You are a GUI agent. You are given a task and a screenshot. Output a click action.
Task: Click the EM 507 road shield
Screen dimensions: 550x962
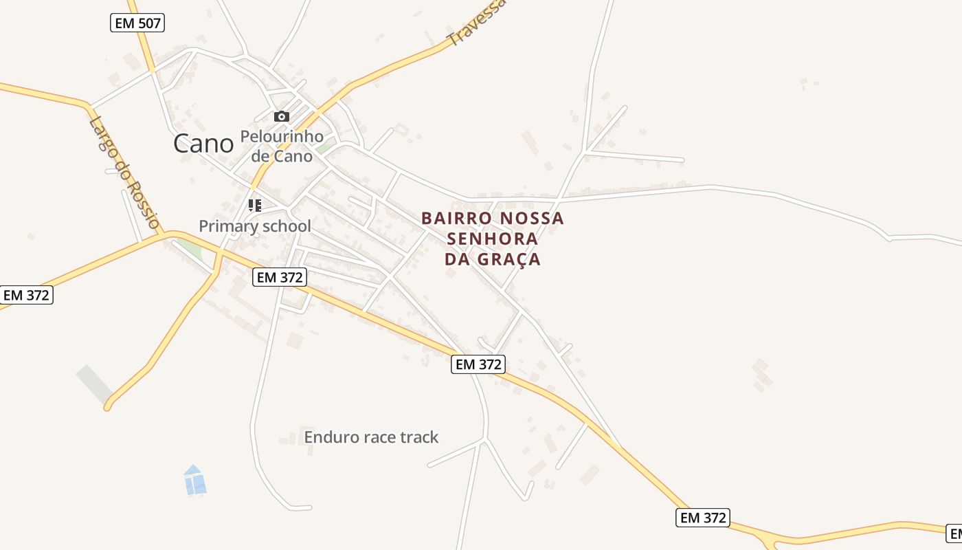coord(137,23)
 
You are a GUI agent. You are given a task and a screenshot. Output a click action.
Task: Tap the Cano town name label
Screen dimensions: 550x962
coord(203,144)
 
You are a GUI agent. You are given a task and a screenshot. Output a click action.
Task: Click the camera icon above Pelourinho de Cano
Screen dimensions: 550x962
coord(282,116)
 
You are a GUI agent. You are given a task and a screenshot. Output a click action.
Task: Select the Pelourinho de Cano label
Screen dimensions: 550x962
coord(282,146)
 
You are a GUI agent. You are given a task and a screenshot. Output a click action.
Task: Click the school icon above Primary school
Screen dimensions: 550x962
coord(255,205)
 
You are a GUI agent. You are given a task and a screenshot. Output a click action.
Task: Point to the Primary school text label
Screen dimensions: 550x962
coord(255,225)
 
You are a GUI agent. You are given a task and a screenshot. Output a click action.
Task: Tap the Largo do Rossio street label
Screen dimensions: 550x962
coord(124,172)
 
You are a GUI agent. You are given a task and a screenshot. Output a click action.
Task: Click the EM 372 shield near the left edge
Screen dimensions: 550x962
coord(26,295)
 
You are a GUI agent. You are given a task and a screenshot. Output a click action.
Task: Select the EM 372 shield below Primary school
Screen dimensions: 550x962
coord(279,277)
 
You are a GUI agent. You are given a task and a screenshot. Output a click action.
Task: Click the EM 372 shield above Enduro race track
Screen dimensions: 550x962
coord(478,364)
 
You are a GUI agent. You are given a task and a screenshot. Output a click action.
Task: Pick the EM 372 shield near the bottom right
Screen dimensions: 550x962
coord(702,518)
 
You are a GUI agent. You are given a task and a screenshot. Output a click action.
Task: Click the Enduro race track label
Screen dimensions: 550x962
coord(371,437)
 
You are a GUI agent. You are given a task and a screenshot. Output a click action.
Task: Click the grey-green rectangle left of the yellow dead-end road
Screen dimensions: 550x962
coord(94,384)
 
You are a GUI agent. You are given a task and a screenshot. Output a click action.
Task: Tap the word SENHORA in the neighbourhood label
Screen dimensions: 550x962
coord(492,239)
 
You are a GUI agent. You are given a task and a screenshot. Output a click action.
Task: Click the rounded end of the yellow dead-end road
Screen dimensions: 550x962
coord(108,407)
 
